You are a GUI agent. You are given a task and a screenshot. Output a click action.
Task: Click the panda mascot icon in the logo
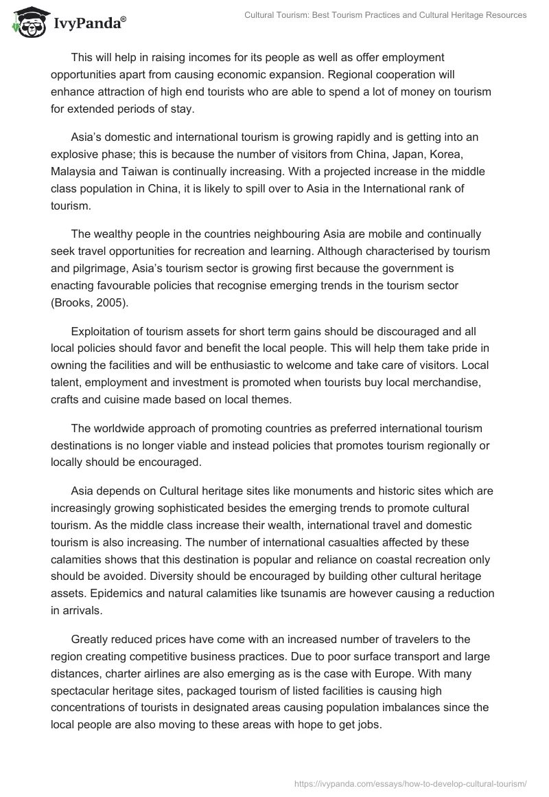tap(25, 23)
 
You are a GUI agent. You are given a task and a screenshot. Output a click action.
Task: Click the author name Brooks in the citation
tap(72, 303)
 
